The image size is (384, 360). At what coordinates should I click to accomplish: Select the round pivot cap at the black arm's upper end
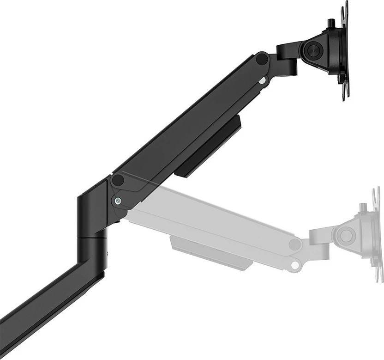[262, 59]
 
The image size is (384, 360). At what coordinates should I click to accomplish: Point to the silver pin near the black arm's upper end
[262, 81]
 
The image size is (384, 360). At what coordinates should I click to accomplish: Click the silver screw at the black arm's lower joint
[118, 201]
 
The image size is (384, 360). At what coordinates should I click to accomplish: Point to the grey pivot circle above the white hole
[294, 244]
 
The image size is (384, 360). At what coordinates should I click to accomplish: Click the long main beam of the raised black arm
[185, 125]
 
